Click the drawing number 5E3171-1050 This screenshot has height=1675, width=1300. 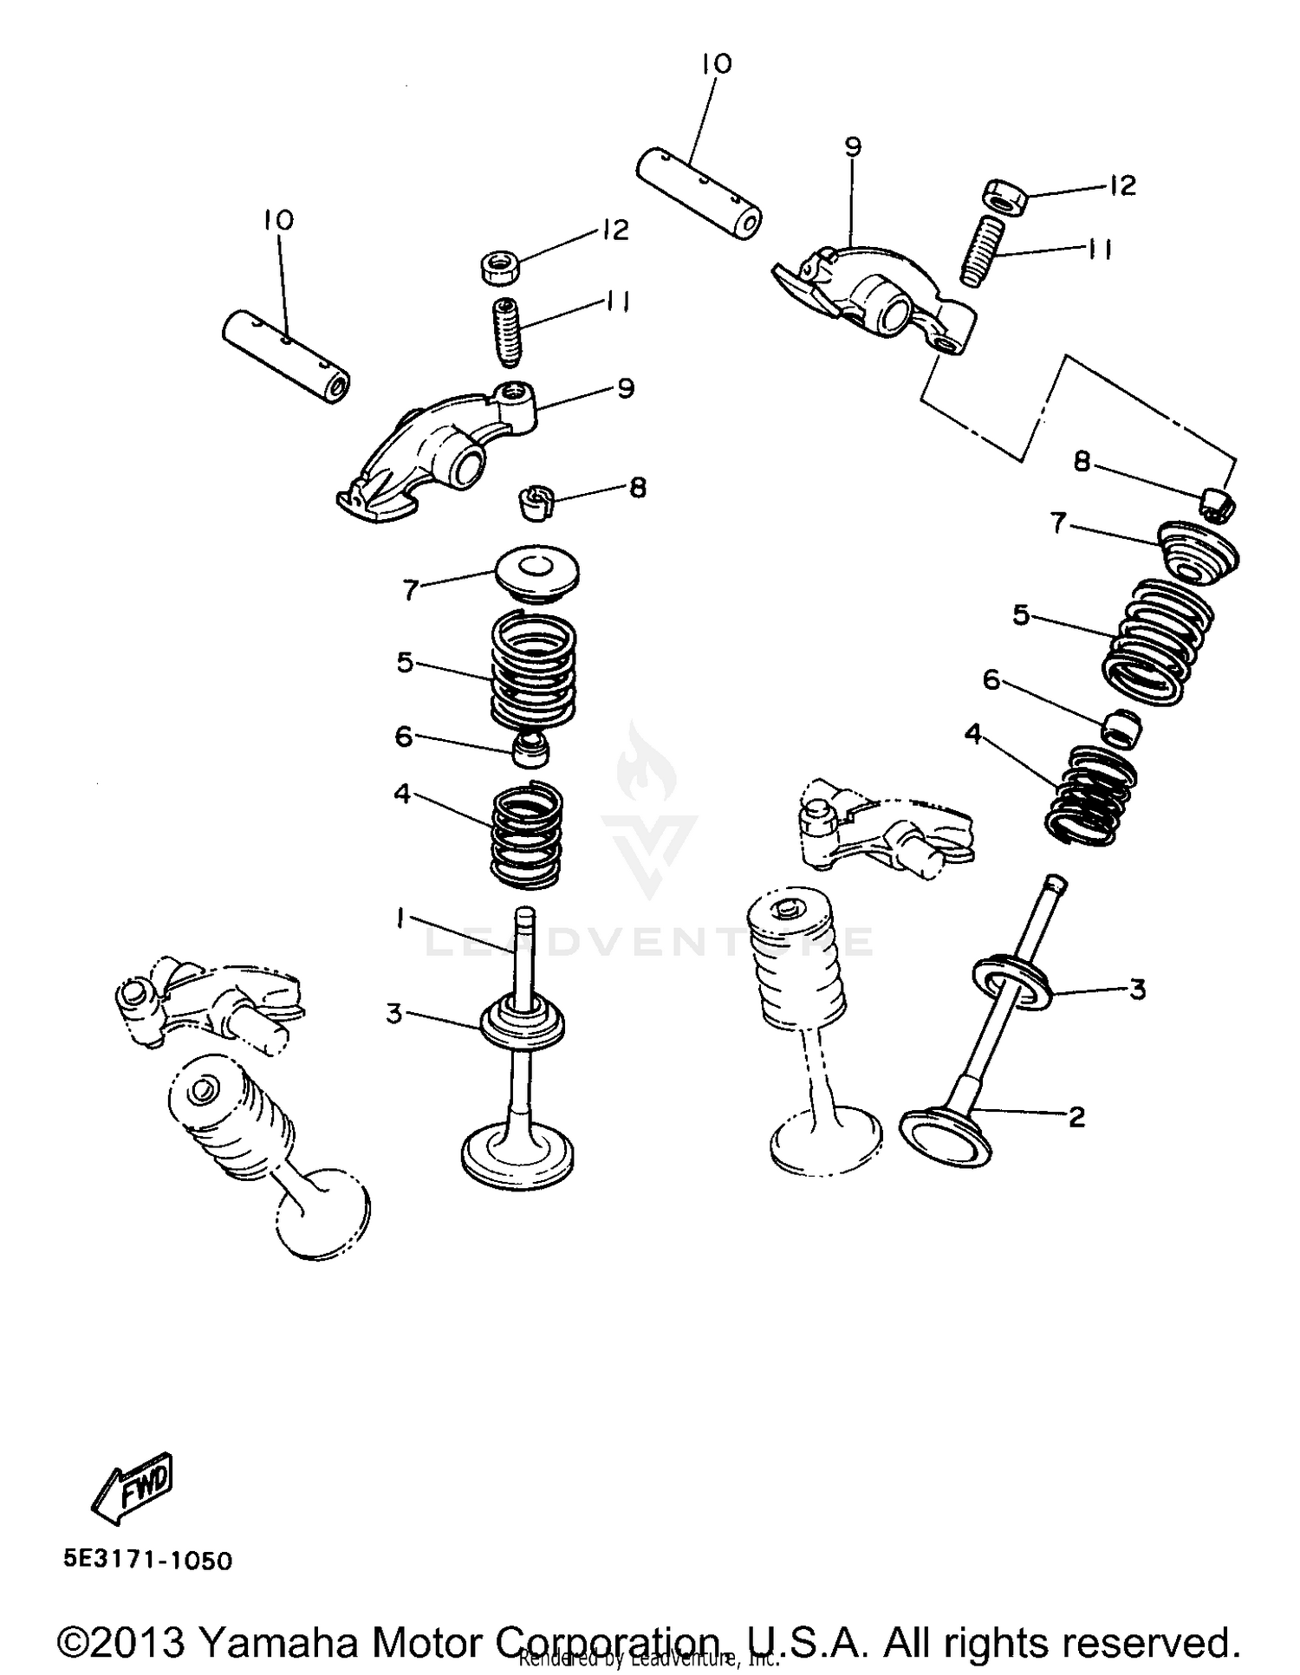147,1561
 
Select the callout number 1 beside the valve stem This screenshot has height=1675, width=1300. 400,918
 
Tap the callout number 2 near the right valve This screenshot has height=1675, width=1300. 1076,1117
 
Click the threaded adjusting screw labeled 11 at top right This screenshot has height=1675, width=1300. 983,251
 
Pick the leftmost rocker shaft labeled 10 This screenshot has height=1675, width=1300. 286,356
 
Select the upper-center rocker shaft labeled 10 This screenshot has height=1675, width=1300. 699,192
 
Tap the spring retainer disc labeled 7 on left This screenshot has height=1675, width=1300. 536,573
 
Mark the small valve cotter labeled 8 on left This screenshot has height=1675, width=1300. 535,502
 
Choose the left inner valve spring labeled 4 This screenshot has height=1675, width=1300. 527,835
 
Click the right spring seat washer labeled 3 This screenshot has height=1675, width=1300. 1012,981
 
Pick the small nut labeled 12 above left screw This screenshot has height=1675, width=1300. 500,266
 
